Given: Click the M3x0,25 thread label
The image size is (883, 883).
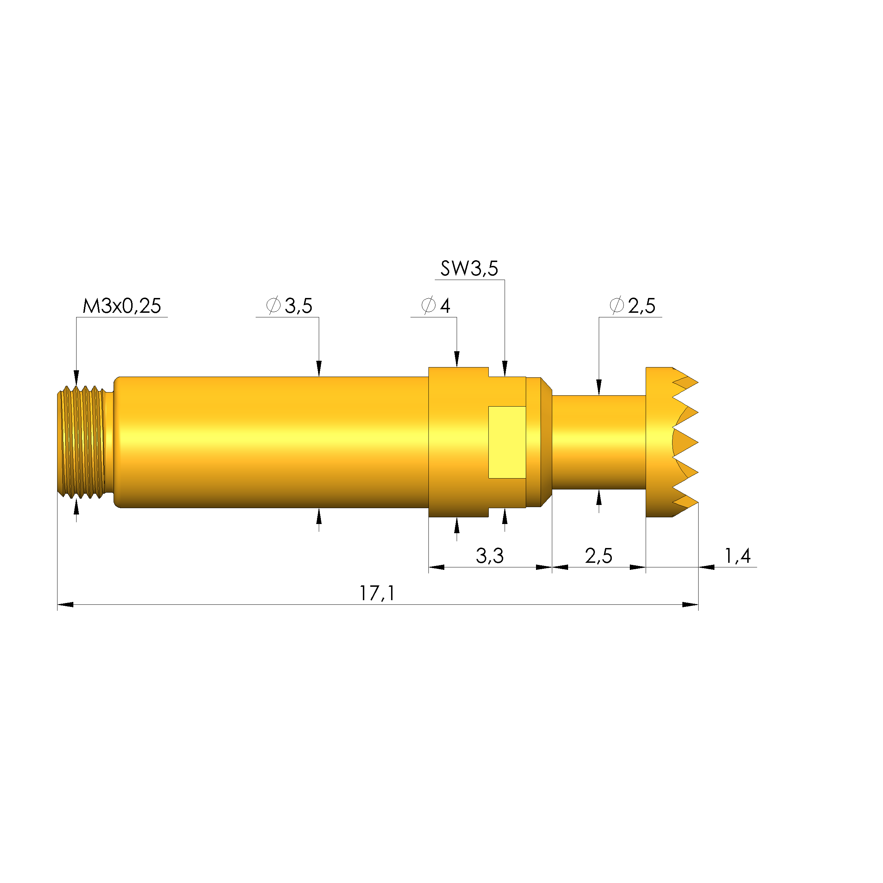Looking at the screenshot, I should click(x=122, y=306).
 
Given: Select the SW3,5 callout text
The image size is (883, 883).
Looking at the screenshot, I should click(x=469, y=268).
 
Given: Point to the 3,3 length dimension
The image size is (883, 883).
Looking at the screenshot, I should click(x=489, y=556).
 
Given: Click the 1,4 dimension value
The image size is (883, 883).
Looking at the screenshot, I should click(x=737, y=555).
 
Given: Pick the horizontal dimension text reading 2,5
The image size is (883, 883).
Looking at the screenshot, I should click(x=598, y=556).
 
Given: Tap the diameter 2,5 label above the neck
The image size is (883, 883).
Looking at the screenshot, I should click(x=633, y=306).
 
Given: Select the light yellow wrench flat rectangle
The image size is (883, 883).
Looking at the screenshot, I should click(x=507, y=442).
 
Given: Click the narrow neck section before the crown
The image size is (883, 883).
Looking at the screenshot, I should click(x=599, y=442).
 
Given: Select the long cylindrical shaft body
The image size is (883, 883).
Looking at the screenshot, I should click(x=272, y=442).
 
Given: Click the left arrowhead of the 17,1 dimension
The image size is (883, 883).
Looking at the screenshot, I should click(x=65, y=605).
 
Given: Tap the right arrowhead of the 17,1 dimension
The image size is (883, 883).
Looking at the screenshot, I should click(x=690, y=605).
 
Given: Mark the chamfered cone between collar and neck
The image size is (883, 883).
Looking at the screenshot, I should click(x=547, y=442).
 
